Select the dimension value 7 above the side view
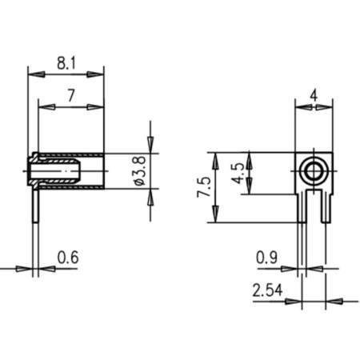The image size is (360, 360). pos(71,95)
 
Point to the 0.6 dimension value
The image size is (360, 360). pos(68,258)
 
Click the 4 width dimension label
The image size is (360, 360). pos(314,95)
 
